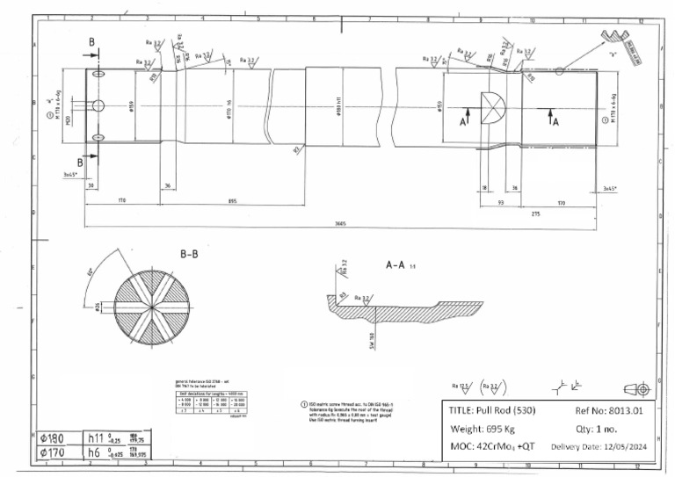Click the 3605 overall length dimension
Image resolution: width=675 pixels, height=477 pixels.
point(339,223)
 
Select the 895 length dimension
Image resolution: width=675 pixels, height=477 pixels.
point(232,201)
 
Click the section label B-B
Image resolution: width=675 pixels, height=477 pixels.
point(190,254)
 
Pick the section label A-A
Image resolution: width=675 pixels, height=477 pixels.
point(398,263)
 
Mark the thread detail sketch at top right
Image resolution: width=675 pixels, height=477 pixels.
point(616,39)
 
